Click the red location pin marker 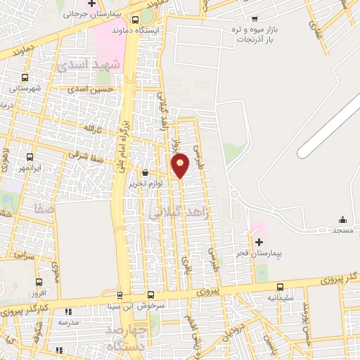(181, 165)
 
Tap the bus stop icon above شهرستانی (25, 77)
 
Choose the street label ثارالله (93, 129)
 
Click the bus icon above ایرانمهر (30, 158)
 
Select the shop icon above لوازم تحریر (145, 172)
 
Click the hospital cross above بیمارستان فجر (259, 242)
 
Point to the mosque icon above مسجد (342, 220)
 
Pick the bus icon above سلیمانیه (281, 287)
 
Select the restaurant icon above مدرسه (67, 311)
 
